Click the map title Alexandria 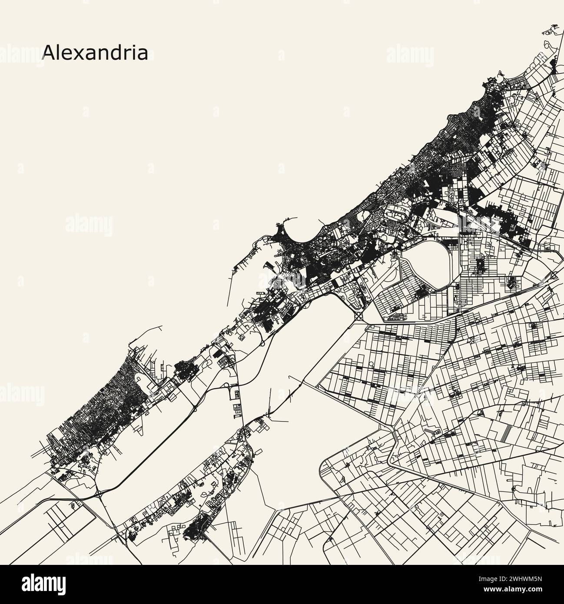95,53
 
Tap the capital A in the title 48,53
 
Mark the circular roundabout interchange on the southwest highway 100,493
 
